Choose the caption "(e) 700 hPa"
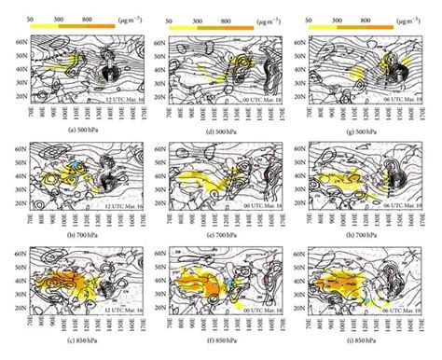pos(217,233)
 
